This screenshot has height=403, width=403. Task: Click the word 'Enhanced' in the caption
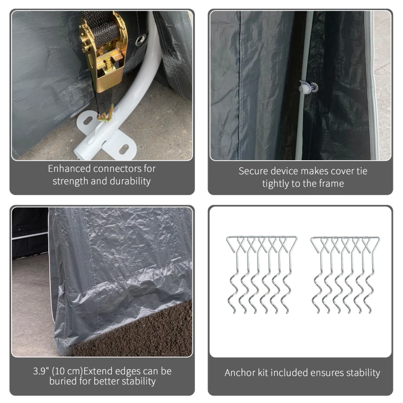pos(69,169)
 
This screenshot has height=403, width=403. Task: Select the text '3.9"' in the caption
pos(41,371)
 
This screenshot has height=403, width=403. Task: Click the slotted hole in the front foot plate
pos(124,149)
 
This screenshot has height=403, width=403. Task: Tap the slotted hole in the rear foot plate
pos(88,120)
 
